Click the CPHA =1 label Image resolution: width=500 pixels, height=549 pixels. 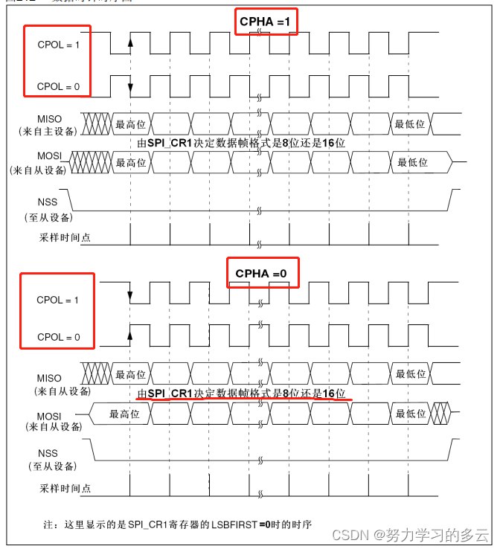pos(266,22)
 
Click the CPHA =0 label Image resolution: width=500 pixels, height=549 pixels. pos(260,274)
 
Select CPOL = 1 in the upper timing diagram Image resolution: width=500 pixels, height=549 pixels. pos(58,45)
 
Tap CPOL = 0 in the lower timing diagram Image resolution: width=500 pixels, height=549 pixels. pos(58,337)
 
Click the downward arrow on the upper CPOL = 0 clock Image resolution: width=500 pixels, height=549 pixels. pos(130,88)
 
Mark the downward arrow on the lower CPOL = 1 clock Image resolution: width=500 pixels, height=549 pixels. pos(130,296)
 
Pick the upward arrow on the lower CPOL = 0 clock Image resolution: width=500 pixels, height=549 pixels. pos(130,336)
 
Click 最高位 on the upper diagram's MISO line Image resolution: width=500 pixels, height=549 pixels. pos(131,124)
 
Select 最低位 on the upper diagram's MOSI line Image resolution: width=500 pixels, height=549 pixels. pos(412,162)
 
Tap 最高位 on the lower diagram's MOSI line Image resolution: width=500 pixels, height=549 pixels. pos(124,414)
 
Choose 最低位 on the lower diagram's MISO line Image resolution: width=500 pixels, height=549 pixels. pos(411,374)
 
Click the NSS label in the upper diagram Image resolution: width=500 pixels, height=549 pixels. pos(47,202)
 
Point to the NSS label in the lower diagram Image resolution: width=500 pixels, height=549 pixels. pos(47,453)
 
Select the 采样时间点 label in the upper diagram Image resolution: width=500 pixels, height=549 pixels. pos(65,239)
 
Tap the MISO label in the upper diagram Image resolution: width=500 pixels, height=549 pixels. pos(51,118)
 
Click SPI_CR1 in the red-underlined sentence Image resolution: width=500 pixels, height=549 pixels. pos(170,393)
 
